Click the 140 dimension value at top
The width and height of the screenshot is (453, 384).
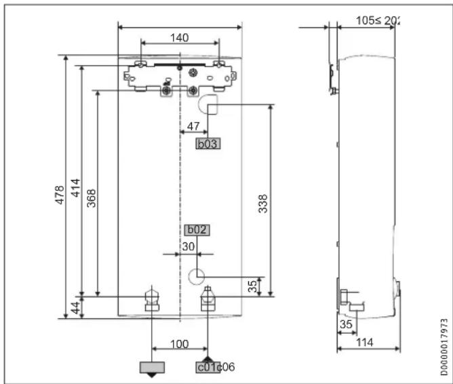(x=180, y=38)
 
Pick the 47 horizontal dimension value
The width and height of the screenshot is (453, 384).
(x=193, y=126)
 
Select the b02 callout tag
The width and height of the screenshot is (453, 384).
(x=196, y=230)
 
